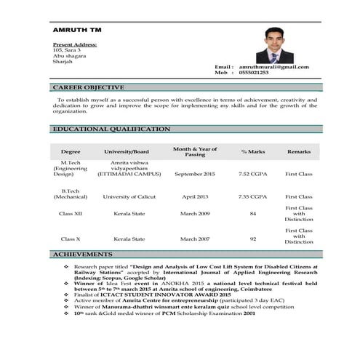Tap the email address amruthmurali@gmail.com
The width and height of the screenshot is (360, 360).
(x=273, y=67)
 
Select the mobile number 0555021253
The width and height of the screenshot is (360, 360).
(x=253, y=73)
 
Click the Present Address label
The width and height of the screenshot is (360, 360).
(x=75, y=44)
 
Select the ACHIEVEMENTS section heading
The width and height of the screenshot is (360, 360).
(x=83, y=255)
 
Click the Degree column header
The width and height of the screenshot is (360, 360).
(x=71, y=151)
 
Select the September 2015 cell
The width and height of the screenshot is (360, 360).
(x=195, y=175)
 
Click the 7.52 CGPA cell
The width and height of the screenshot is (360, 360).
(x=252, y=175)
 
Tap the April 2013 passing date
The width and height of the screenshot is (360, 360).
(x=195, y=196)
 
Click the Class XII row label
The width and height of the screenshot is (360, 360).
(x=71, y=214)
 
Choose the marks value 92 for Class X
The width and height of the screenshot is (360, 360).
(x=252, y=239)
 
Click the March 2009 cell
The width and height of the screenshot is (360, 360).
(x=195, y=214)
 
